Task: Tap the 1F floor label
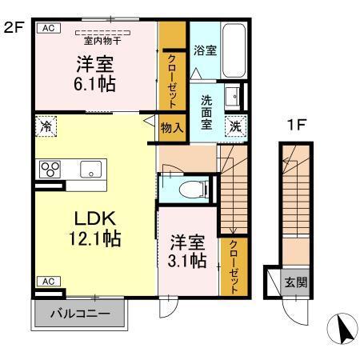[298, 125]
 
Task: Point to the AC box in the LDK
[47, 281]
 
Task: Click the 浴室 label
[205, 50]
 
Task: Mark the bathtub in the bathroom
[234, 49]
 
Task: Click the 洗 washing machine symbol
[236, 125]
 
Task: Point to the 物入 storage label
[171, 126]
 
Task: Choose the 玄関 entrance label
[295, 282]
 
